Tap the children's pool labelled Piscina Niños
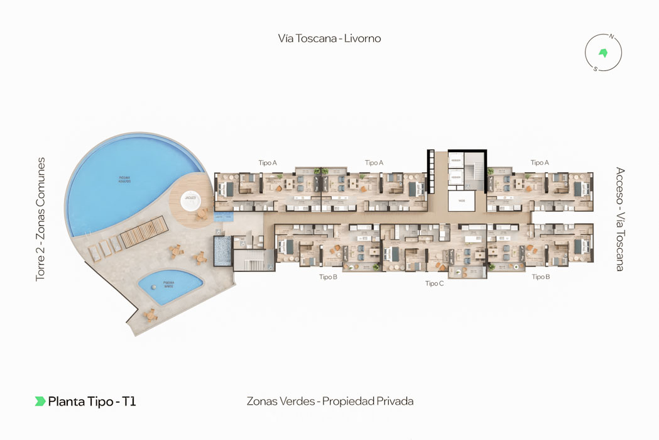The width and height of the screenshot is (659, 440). [170, 287]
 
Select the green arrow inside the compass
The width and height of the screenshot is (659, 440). [604, 53]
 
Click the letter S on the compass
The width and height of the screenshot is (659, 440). [595, 69]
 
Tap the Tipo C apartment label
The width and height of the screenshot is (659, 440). [434, 283]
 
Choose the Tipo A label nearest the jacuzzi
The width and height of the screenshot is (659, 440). [268, 163]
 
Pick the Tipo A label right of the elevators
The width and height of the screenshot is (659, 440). [540, 163]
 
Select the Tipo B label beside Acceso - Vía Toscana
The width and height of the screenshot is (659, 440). [541, 277]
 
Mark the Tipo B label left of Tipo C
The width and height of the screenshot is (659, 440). [328, 277]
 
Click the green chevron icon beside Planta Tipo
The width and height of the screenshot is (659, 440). [40, 401]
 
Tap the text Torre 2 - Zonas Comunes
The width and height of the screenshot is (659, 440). [41, 219]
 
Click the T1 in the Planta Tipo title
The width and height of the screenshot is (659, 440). [129, 401]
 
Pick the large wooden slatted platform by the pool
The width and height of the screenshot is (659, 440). [144, 231]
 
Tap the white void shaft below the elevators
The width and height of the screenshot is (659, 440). [461, 201]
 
